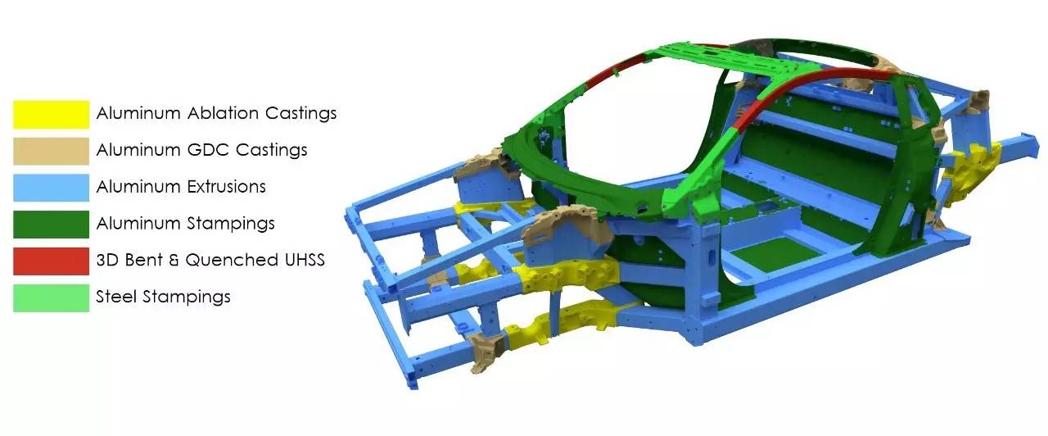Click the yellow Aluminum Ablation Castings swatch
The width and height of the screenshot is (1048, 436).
coord(51,114)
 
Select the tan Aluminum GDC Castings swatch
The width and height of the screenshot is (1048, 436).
coord(51,151)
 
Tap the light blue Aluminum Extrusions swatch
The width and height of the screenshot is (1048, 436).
coord(51,188)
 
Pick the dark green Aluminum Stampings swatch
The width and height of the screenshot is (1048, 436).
coord(51,225)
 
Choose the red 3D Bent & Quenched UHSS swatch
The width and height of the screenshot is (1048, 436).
coord(51,261)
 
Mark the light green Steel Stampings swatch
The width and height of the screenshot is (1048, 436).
coord(51,297)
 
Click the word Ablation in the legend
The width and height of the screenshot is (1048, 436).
coord(224,113)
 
